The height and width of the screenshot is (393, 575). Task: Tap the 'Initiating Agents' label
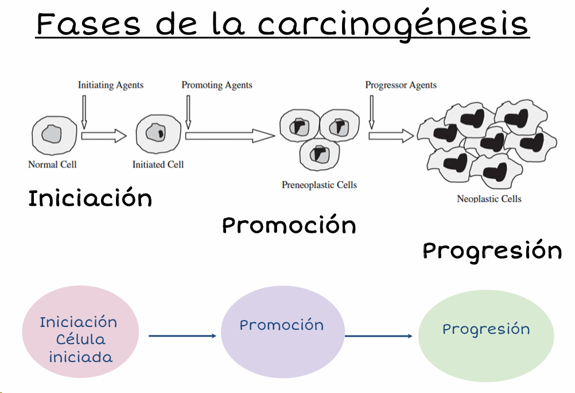111,85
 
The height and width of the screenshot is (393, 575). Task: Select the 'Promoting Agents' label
217,85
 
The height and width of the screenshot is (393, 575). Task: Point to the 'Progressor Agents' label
401,85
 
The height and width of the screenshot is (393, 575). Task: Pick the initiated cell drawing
155,133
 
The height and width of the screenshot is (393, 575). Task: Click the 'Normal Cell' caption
52,164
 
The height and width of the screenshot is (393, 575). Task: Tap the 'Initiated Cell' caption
158,164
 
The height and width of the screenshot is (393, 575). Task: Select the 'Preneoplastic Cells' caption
319,185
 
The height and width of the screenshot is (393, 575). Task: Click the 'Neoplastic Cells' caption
489,199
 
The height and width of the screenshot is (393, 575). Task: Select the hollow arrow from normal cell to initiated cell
103,136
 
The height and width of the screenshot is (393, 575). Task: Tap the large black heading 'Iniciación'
90,199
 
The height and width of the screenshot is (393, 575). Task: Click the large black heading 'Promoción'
289,225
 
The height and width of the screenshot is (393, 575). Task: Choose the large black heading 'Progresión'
492,251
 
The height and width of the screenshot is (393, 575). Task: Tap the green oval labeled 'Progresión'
486,336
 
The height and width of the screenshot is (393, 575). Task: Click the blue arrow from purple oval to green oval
379,336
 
